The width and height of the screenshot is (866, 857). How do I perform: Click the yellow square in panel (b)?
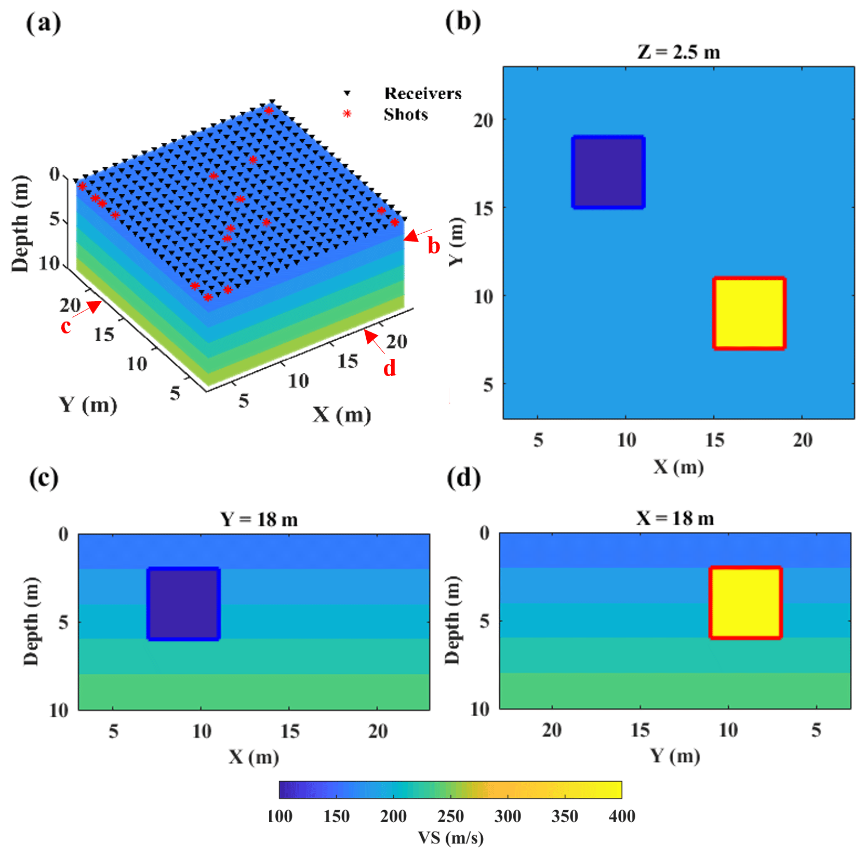[749, 313]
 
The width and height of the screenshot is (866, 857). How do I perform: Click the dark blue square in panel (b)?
[608, 172]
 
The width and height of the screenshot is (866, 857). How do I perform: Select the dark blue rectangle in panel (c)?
[183, 604]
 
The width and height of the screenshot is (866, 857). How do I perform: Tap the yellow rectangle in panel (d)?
[745, 602]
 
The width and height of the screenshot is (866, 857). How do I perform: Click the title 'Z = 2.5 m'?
[678, 52]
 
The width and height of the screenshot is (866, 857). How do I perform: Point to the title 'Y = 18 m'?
[259, 519]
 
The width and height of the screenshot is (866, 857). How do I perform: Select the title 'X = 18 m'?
[675, 518]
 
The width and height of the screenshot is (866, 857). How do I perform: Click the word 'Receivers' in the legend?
[422, 93]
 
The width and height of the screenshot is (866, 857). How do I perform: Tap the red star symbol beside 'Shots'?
[347, 114]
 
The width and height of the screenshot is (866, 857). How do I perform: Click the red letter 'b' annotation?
[434, 246]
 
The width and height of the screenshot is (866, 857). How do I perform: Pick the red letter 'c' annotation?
[65, 326]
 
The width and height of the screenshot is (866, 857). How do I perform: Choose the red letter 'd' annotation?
[390, 368]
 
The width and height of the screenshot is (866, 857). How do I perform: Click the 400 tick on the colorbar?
[621, 816]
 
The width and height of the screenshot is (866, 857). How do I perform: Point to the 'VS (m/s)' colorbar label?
[450, 838]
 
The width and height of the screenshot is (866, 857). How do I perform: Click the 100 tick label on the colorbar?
[279, 816]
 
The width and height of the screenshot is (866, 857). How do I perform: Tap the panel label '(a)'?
[44, 23]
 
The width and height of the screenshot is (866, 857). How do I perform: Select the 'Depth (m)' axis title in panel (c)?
[31, 621]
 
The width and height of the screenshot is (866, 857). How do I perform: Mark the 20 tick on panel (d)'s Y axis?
[552, 730]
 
